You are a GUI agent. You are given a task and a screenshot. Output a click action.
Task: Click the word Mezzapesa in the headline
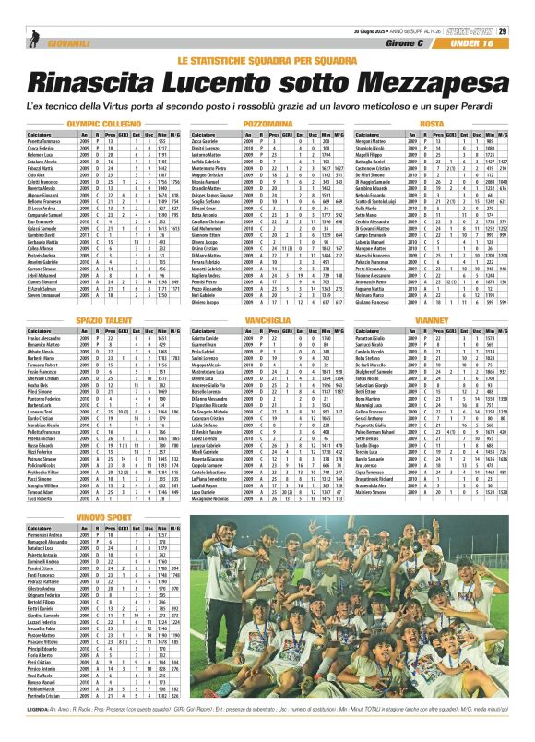(423, 83)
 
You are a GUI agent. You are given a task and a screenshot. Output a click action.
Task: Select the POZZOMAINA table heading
(267, 123)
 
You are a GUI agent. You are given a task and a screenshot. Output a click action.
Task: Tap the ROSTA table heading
(432, 123)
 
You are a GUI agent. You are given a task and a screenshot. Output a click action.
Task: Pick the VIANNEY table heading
(432, 318)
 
